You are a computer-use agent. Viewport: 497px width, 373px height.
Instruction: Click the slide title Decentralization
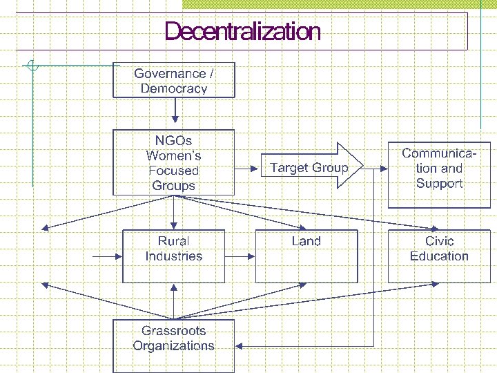coord(242,32)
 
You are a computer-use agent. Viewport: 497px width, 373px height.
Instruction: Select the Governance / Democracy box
coord(174,80)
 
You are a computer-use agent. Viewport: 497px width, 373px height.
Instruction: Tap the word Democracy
coord(174,88)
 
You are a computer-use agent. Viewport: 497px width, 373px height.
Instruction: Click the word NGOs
coord(174,140)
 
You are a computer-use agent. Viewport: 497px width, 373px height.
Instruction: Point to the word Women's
coord(174,155)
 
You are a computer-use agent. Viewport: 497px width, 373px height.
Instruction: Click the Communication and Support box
coord(439,175)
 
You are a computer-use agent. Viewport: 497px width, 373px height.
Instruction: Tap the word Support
coord(439,184)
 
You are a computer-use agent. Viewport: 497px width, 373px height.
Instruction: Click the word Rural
coord(174,241)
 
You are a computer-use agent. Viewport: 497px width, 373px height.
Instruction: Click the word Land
coord(306,241)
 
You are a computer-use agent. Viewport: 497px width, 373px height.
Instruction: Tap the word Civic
coord(439,241)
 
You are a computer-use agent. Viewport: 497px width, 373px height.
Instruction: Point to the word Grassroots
coord(174,331)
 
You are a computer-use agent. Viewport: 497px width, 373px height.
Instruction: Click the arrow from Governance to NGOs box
coord(175,109)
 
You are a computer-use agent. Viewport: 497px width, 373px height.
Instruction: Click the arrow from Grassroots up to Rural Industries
coord(175,300)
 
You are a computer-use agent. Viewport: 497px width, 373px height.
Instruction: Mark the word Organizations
coord(174,346)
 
